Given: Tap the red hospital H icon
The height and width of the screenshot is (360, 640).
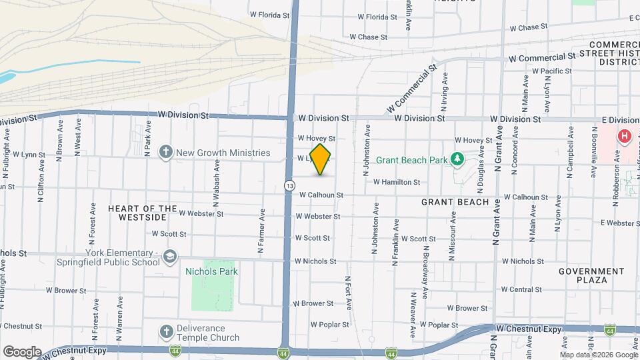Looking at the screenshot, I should pos(625,137).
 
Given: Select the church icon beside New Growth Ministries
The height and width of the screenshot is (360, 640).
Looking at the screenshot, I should pos(166,153).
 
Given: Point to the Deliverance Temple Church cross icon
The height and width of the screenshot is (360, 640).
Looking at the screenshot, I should pos(166,332).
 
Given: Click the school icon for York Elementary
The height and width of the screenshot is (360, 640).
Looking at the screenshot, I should pos(171,257).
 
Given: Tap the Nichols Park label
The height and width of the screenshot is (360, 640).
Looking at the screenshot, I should pos(211,271).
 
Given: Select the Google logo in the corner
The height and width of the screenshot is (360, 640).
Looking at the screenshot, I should pos(21,351).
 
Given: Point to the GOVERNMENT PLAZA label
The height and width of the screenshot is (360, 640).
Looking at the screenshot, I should pos(591,275).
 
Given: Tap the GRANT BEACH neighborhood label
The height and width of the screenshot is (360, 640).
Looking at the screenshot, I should pos(455,201).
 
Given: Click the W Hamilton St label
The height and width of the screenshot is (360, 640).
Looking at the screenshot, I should pos(396,181).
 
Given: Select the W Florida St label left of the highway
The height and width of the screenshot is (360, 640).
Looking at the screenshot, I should pos(269,14).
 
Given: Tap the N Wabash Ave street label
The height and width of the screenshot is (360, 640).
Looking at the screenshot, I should pos(216,190).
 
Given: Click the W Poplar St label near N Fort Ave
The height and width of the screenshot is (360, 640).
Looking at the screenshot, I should pos(330,325).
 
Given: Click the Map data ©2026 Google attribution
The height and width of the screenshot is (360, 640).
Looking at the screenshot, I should pos(598,355).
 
